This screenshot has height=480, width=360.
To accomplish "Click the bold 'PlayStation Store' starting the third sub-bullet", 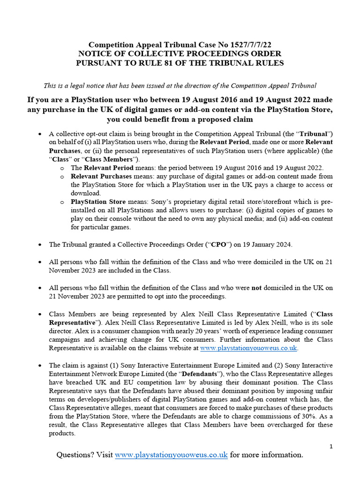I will coord(98,202).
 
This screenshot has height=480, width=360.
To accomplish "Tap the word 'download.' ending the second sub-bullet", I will coord(84,193).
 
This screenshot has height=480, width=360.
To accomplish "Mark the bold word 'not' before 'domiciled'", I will coord(256,288).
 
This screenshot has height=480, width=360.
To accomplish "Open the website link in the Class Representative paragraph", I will coord(248,348).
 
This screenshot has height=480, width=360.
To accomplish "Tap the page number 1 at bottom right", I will coord(331,446).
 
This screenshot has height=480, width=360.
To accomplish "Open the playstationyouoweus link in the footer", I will coord(171,455).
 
